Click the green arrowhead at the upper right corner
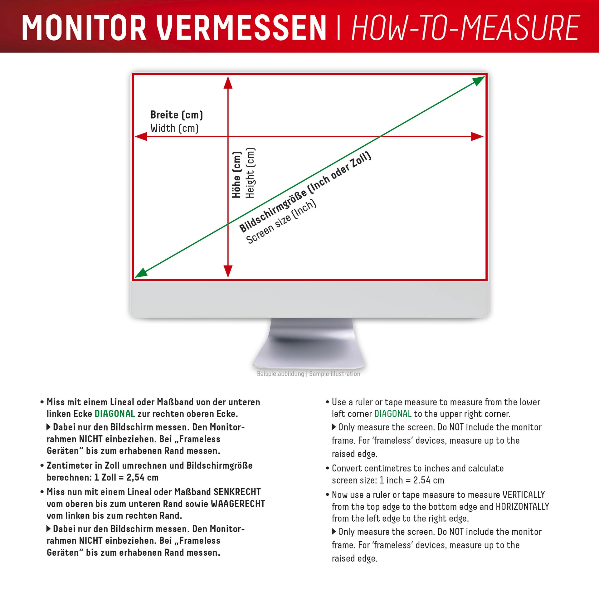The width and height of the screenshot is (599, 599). (479, 81)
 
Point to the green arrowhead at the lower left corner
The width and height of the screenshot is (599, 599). (141, 273)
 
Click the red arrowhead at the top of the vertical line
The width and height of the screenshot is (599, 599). (228, 82)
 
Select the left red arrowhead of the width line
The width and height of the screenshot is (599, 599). (141, 136)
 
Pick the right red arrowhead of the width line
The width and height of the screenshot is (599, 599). (477, 136)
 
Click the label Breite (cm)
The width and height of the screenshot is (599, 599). (177, 115)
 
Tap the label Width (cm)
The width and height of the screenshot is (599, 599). (174, 128)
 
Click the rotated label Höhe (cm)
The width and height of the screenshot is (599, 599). (237, 175)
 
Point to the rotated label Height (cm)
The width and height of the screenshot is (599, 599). (250, 173)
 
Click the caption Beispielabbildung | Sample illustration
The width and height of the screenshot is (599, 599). (308, 374)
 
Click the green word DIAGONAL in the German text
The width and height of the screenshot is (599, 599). (114, 414)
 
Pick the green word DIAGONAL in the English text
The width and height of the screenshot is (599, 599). (393, 414)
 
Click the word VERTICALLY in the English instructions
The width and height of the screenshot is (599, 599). (524, 494)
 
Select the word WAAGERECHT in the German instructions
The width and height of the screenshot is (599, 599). (238, 504)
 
